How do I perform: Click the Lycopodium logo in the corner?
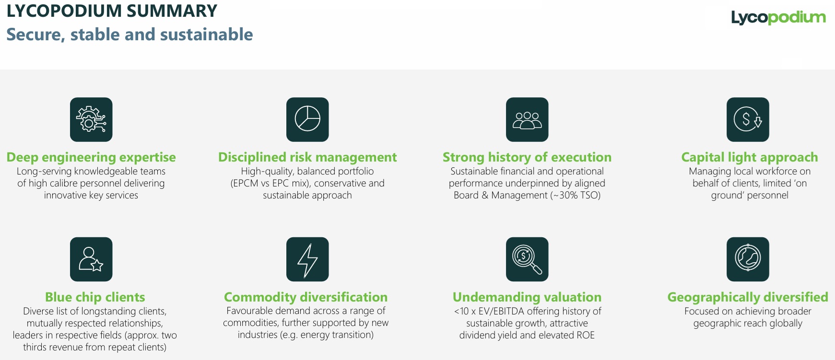click(x=778, y=18)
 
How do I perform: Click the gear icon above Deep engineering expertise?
click(x=91, y=119)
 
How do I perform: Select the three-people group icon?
click(x=527, y=119)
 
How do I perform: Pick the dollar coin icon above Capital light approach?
click(x=748, y=119)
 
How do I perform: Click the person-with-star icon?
click(x=91, y=259)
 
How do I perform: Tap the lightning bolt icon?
click(x=307, y=259)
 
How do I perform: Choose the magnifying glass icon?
click(x=527, y=259)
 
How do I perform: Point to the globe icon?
click(x=748, y=259)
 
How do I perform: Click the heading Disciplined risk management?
click(x=307, y=157)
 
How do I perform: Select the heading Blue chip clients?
click(x=95, y=297)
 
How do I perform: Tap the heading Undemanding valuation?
click(x=527, y=297)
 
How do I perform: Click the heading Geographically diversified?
click(x=748, y=297)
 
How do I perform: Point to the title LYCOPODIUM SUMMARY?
click(x=112, y=11)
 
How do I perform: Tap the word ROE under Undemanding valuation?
click(x=585, y=335)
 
